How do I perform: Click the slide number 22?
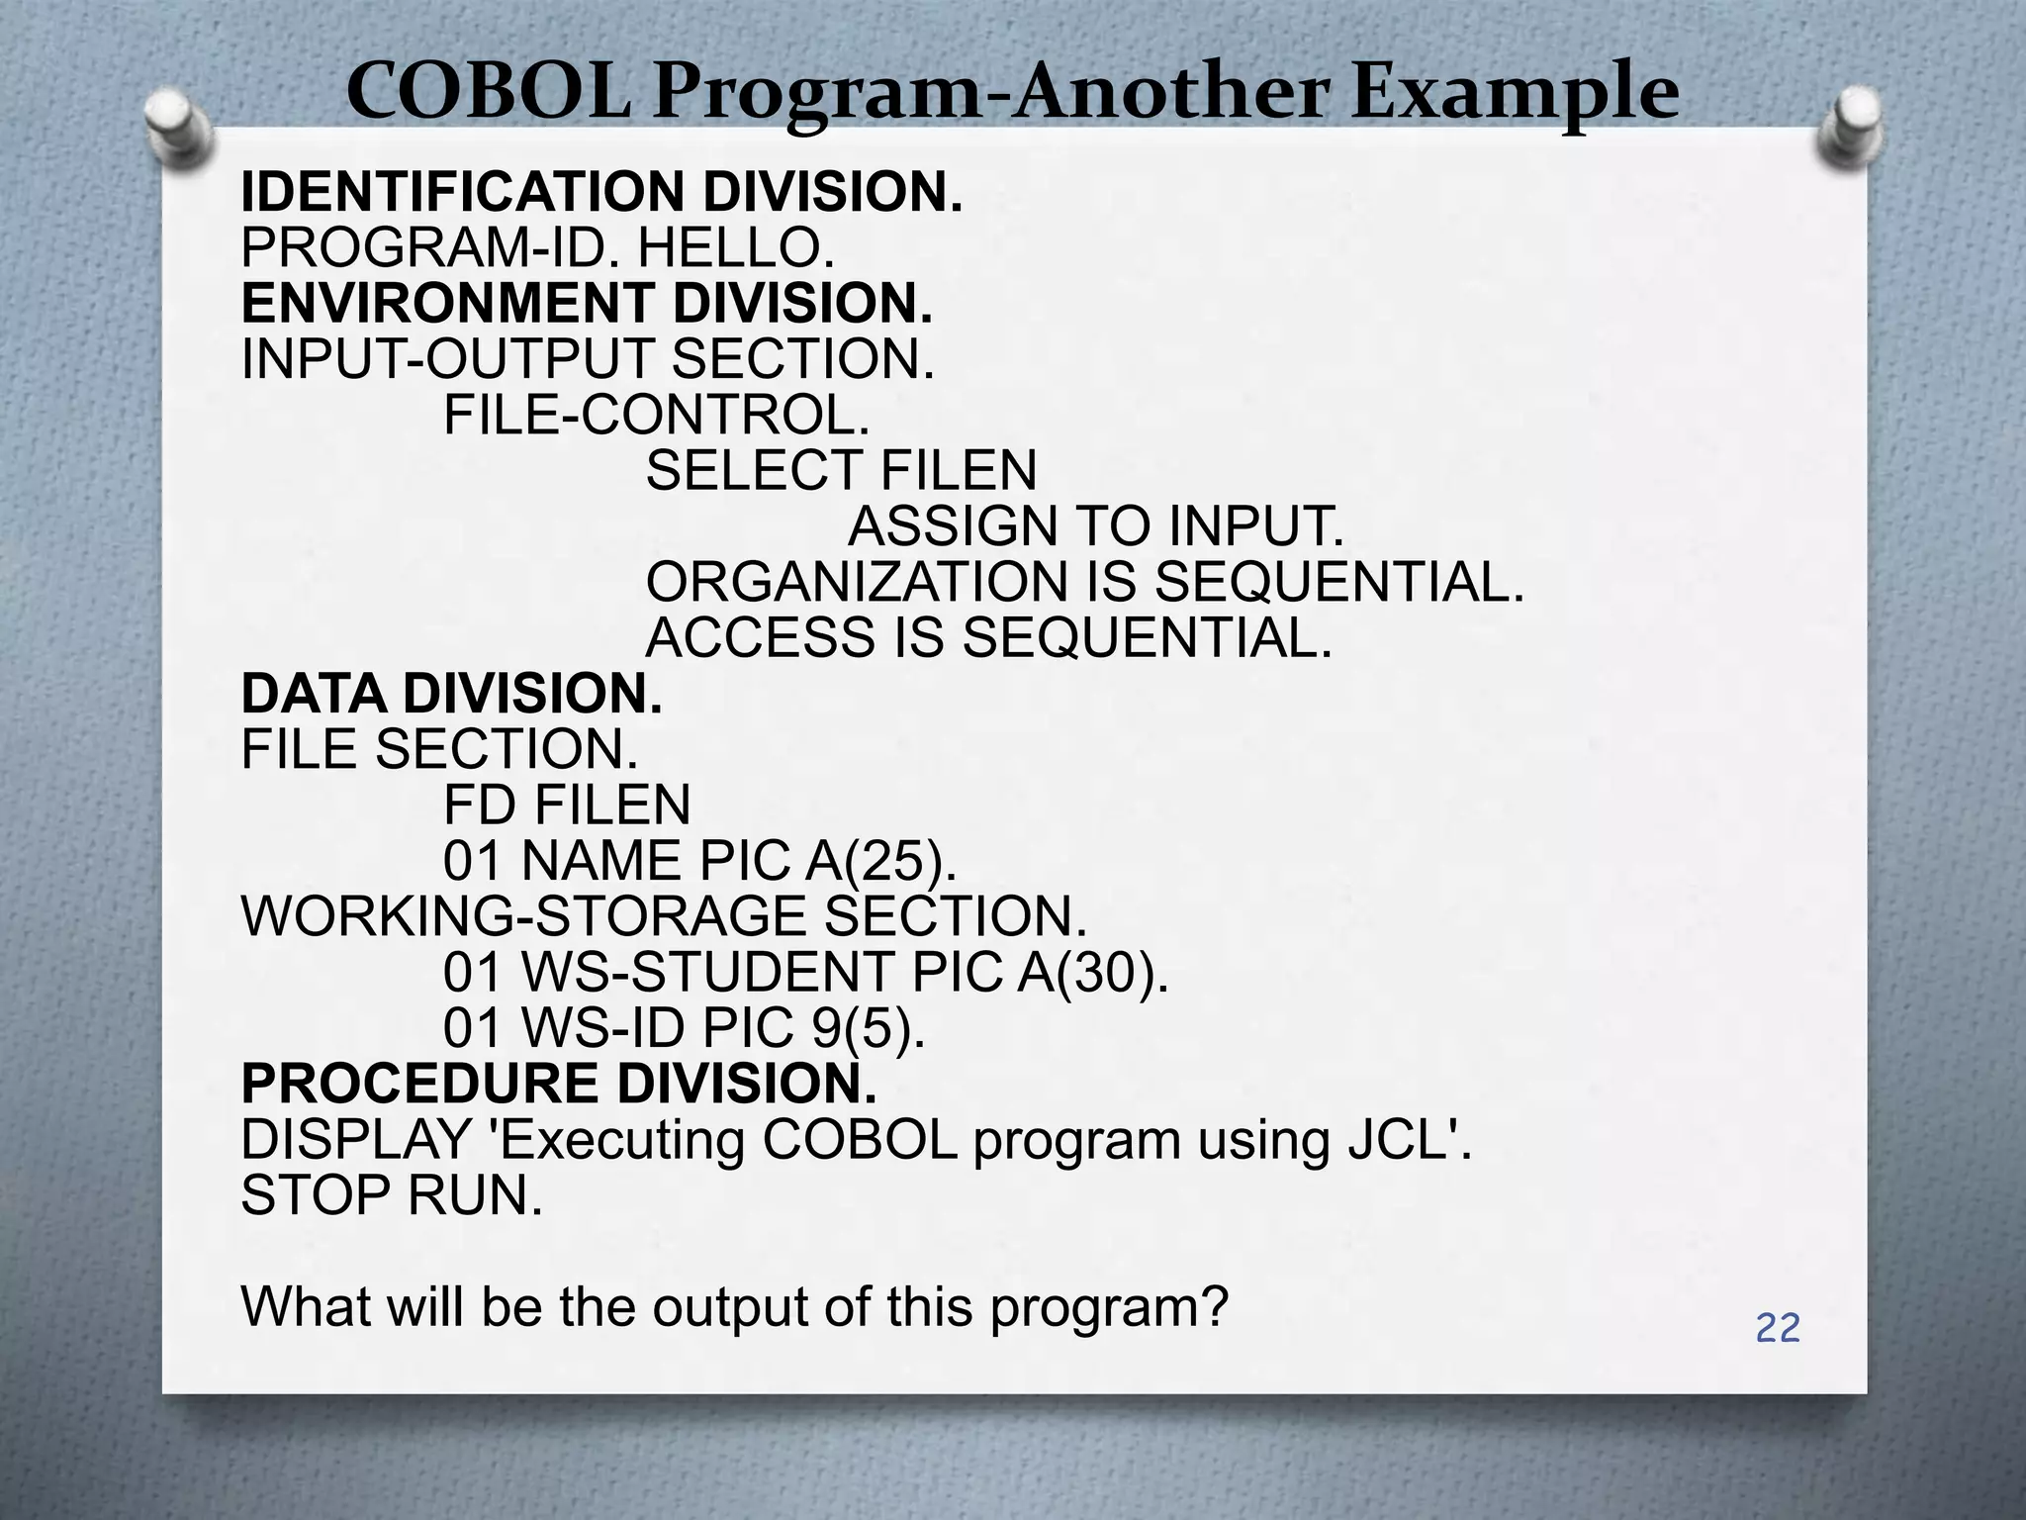[x=1778, y=1328]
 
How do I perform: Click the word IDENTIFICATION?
[x=462, y=192]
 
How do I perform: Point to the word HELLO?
[x=735, y=247]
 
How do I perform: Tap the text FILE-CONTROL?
[x=656, y=415]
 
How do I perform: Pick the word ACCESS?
[x=760, y=637]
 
